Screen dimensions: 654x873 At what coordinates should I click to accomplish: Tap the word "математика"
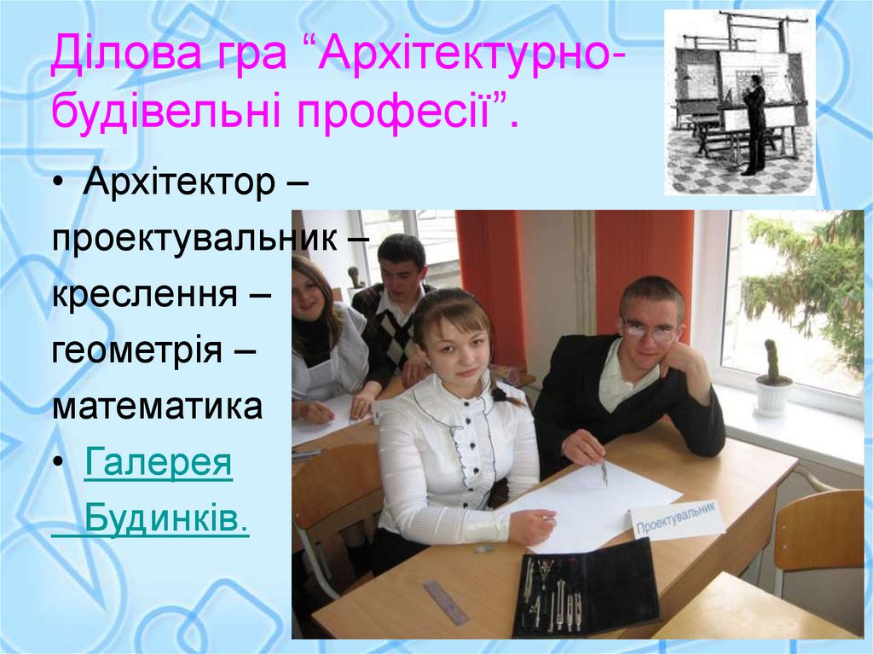[158, 406]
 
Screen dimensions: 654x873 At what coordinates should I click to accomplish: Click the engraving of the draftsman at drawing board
[739, 102]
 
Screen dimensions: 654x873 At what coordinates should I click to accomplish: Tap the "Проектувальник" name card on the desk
[678, 519]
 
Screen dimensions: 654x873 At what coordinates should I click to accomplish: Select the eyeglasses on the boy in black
[650, 331]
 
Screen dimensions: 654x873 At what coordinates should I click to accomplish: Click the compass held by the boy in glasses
[604, 471]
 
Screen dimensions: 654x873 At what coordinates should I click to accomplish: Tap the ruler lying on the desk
[446, 602]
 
